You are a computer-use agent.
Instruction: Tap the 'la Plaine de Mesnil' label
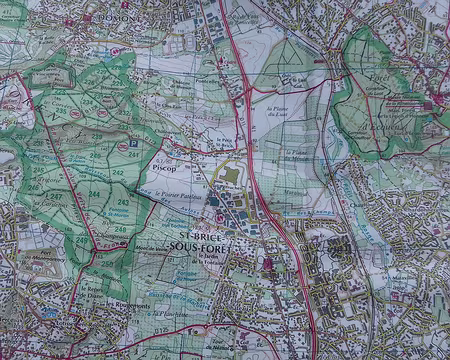298,155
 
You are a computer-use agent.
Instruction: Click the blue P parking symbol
134,144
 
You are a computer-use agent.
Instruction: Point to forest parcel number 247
56,198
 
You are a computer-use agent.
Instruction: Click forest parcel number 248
121,230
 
